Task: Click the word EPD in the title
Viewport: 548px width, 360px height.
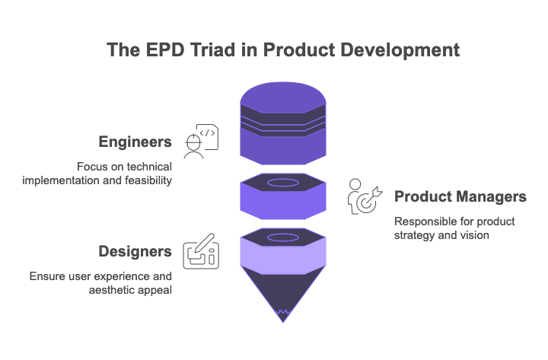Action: pyautogui.click(x=165, y=49)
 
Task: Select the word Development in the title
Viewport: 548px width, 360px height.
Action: pyautogui.click(x=400, y=50)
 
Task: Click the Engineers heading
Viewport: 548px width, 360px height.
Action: pyautogui.click(x=135, y=142)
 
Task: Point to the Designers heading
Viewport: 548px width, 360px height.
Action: pyautogui.click(x=135, y=251)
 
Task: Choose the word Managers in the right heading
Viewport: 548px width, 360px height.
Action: pyautogui.click(x=494, y=196)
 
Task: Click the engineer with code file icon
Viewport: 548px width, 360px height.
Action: pyautogui.click(x=201, y=142)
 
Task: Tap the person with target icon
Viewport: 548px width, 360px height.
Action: pyautogui.click(x=365, y=196)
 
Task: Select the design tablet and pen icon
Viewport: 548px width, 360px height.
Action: pyautogui.click(x=201, y=251)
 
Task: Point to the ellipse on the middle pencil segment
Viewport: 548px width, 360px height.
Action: pyautogui.click(x=283, y=183)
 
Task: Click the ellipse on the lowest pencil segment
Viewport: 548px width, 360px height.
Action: pyautogui.click(x=283, y=237)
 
